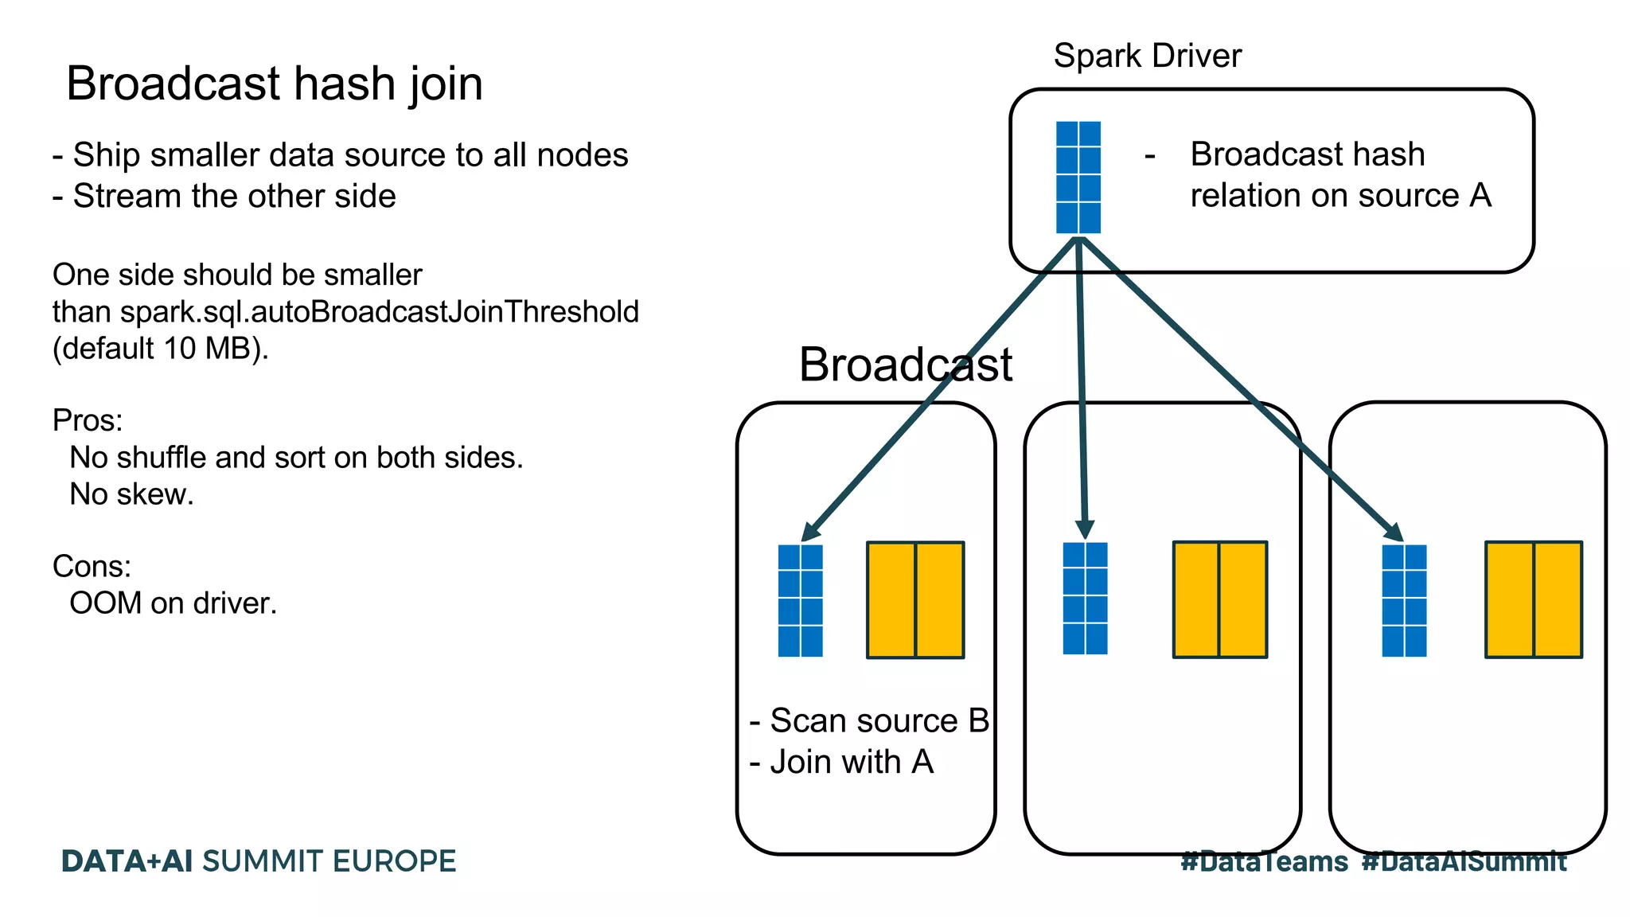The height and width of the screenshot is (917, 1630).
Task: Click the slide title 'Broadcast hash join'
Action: point(275,84)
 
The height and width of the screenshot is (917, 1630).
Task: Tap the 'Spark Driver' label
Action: point(1147,56)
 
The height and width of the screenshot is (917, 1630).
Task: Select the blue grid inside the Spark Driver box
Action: point(1078,177)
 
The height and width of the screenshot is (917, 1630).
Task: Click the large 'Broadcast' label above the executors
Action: point(905,365)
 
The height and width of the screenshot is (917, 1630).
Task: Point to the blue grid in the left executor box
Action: point(800,600)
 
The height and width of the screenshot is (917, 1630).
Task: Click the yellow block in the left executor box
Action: point(915,600)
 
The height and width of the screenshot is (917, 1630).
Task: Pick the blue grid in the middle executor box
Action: point(1085,599)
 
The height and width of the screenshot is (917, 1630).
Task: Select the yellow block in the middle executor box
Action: point(1219,599)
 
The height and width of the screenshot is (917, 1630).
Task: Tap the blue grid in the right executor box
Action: point(1404,600)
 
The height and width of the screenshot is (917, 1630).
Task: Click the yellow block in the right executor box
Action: point(1533,599)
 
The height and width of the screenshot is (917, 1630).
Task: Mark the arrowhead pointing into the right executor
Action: point(1394,532)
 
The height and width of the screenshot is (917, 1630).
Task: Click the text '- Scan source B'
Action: point(869,720)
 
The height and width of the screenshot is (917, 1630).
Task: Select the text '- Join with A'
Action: point(841,762)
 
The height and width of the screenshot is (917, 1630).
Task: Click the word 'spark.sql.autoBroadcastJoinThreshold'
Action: point(380,312)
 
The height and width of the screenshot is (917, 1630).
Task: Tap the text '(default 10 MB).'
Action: point(161,349)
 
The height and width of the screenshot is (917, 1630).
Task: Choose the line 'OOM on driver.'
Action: point(173,603)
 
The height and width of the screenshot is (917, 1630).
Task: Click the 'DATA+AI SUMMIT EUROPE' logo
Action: point(259,861)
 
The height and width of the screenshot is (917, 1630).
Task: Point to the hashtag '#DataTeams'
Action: point(1264,861)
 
